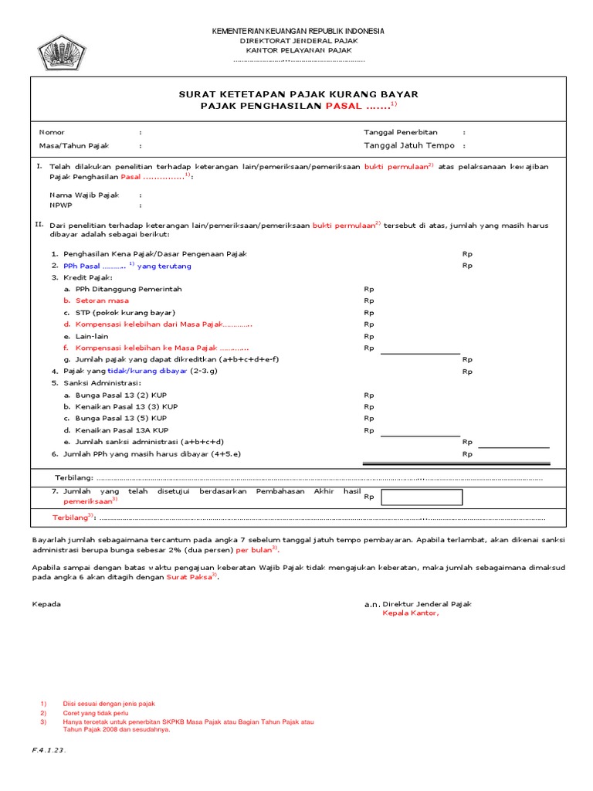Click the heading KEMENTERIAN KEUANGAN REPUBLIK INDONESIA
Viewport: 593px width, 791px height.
pos(298,31)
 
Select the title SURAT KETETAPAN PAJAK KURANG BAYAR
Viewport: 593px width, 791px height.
pos(298,93)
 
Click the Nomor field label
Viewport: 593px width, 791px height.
pos(52,132)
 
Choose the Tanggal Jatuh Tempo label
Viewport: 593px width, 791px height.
pos(409,145)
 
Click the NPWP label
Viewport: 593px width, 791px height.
pos(61,206)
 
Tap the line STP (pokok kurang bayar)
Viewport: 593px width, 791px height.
pos(120,313)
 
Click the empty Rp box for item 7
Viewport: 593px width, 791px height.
pos(422,497)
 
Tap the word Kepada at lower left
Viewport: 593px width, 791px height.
pos(46,604)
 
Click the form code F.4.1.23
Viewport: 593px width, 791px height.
pos(49,750)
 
